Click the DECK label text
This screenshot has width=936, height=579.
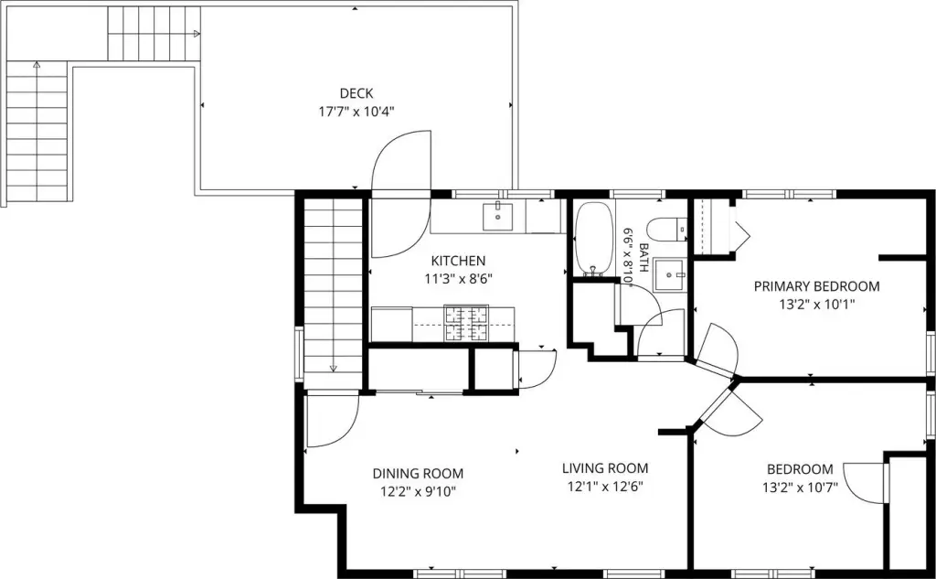tap(356, 93)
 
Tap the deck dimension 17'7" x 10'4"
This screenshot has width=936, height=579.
tap(356, 112)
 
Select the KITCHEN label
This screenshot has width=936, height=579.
tap(459, 261)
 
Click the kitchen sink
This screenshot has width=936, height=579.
tap(498, 216)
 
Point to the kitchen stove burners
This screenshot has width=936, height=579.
tap(466, 323)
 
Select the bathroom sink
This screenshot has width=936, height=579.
tap(670, 274)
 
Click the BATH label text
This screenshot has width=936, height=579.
tap(643, 258)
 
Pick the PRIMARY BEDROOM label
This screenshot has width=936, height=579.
tap(816, 287)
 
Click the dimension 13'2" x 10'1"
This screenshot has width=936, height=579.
tap(816, 305)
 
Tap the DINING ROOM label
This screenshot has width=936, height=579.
tap(418, 474)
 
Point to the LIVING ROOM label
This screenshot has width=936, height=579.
tap(605, 468)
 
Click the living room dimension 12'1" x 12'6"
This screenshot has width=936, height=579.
tap(605, 487)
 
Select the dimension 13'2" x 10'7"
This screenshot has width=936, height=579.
tap(800, 488)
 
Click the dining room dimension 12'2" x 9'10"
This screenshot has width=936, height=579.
tap(418, 492)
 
